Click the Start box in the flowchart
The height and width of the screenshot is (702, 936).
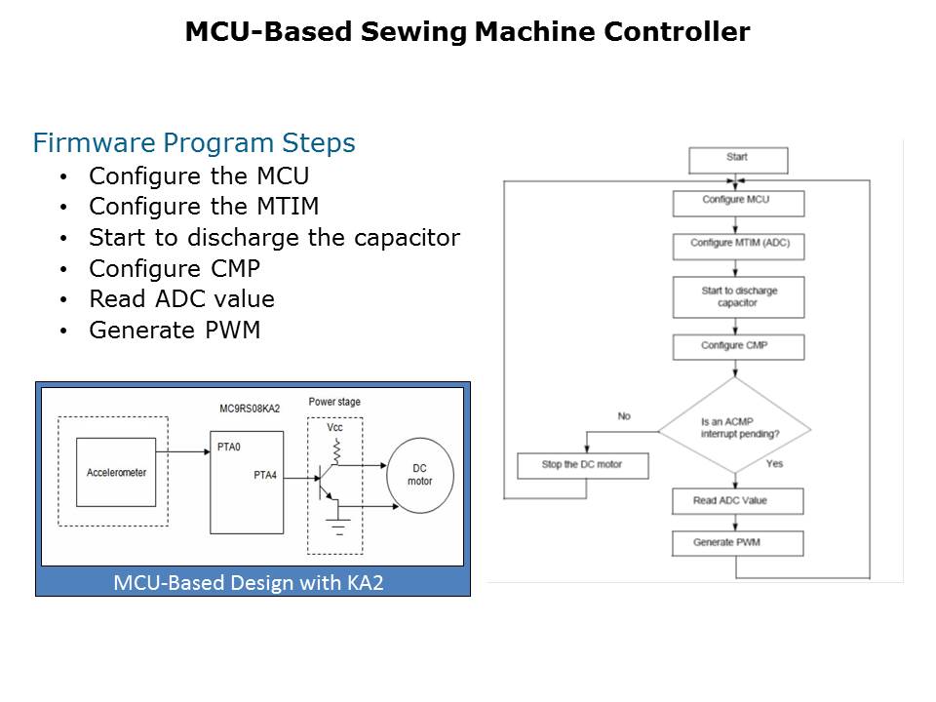737,158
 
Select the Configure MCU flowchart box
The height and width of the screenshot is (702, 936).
738,202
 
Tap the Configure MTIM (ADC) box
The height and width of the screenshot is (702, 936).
738,245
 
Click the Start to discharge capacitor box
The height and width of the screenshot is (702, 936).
738,296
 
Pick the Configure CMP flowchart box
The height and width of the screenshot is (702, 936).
738,347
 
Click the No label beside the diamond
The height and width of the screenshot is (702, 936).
624,416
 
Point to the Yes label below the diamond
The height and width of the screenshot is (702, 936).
774,464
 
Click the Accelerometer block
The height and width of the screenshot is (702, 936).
116,472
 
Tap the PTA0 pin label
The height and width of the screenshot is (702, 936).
230,449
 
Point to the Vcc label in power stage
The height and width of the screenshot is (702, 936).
334,427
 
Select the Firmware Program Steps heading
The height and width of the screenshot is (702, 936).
194,143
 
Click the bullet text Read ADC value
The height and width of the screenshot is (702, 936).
181,299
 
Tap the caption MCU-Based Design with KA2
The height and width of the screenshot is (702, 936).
253,583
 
